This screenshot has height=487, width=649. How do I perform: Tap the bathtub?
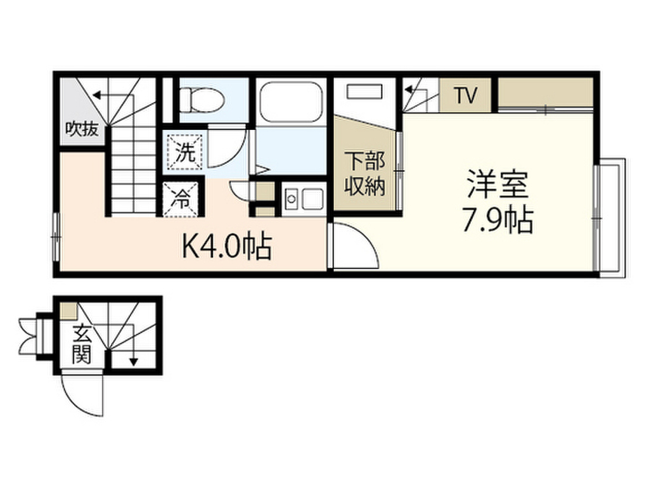point(290,100)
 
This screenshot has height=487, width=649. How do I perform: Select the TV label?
point(466,96)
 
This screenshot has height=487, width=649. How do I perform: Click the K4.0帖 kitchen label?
point(226,247)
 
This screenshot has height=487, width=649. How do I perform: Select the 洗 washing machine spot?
point(184,152)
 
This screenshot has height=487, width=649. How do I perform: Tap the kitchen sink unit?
point(302,199)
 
